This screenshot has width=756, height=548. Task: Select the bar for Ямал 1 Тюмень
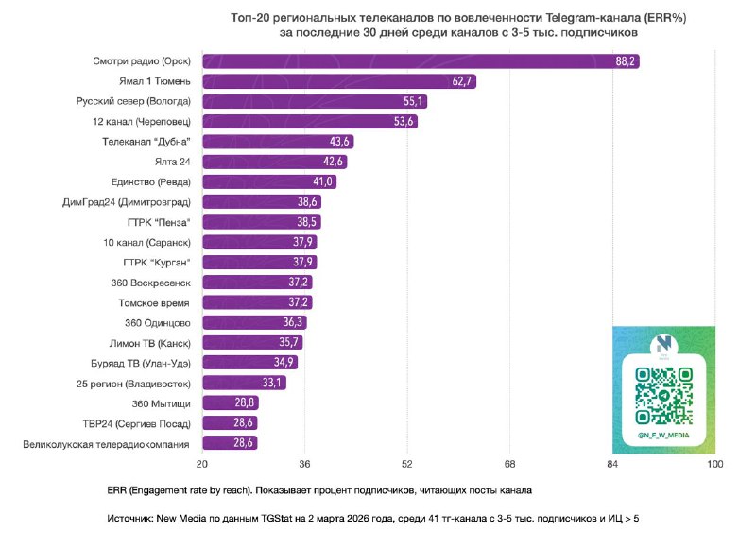(x=338, y=81)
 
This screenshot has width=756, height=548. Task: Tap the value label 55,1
(x=415, y=101)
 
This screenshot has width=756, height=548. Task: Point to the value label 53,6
(x=404, y=122)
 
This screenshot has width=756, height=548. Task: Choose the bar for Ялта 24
(x=275, y=162)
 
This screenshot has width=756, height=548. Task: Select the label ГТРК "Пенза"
(x=159, y=222)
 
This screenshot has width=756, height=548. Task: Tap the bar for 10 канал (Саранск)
(x=259, y=242)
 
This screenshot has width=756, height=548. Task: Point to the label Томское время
(x=154, y=302)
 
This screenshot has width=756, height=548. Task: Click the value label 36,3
(x=294, y=323)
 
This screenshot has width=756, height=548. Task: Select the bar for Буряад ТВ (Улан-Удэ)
(x=249, y=363)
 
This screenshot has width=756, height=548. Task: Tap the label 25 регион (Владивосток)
(x=133, y=384)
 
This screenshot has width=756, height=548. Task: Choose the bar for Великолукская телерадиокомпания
(x=230, y=443)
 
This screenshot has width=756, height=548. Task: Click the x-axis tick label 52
(x=406, y=465)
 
